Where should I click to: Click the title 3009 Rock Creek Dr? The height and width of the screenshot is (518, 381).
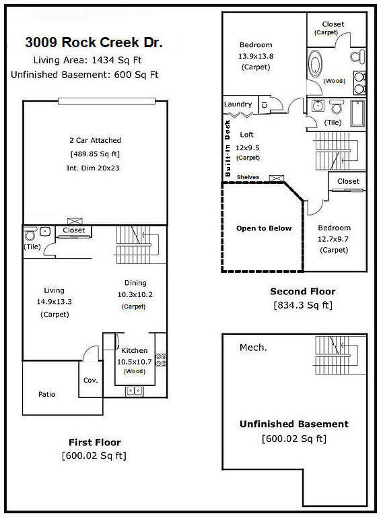click(x=94, y=43)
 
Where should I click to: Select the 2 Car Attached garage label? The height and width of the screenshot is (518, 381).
click(x=95, y=140)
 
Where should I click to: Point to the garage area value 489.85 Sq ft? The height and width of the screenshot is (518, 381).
click(x=95, y=154)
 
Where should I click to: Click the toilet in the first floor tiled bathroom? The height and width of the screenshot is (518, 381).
click(x=30, y=236)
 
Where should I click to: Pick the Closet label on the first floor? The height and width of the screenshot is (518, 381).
click(x=74, y=230)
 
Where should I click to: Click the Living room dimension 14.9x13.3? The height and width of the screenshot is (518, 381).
click(x=50, y=302)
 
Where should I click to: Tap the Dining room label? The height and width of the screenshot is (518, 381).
click(x=135, y=283)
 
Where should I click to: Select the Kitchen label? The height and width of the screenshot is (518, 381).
click(x=135, y=350)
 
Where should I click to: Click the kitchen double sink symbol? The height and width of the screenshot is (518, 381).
click(x=135, y=390)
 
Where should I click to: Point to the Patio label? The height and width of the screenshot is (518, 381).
click(x=46, y=394)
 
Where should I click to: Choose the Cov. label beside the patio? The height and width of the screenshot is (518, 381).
click(x=90, y=380)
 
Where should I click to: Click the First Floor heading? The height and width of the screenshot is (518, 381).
click(x=95, y=443)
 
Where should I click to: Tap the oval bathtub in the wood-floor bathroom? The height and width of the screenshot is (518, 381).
click(x=316, y=66)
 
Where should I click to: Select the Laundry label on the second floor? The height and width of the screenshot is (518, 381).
click(x=238, y=104)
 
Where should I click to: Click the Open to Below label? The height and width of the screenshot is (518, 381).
click(x=264, y=228)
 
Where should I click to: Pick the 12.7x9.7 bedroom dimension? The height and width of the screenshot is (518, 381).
click(x=334, y=238)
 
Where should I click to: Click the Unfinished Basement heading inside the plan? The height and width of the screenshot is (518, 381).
click(x=294, y=424)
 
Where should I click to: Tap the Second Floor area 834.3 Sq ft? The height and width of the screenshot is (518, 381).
click(x=302, y=304)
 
